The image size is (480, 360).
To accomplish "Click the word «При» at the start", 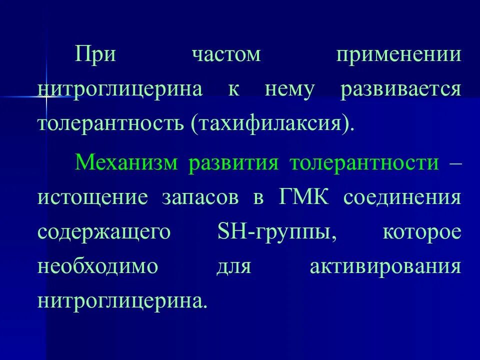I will point(95,54).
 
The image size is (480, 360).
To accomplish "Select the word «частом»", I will point(226,54).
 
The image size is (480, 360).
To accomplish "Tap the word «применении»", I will point(398,54).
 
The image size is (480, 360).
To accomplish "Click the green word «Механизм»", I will point(126,163).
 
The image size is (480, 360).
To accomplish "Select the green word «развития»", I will point(233,163).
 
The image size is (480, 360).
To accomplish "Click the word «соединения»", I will point(401,197).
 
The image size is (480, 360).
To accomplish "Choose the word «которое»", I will point(421,232).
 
